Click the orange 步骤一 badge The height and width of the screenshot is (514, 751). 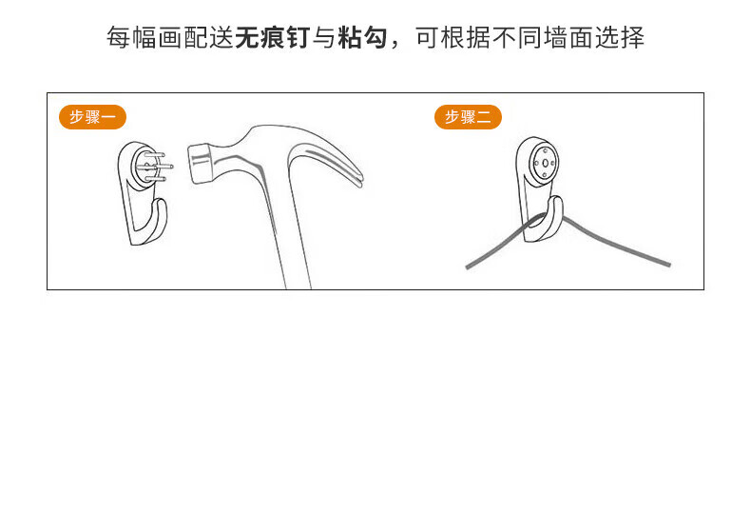92,117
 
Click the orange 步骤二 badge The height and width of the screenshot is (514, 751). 468,117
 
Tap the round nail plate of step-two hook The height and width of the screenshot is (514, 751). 545,163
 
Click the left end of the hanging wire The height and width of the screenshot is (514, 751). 468,267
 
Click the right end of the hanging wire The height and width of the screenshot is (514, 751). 668,265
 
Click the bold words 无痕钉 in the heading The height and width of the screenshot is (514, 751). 273,37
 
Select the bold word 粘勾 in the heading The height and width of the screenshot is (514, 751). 362,37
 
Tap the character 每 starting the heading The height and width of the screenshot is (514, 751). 118,37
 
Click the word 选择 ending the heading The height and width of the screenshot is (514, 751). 620,37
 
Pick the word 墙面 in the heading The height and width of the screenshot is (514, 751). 568,37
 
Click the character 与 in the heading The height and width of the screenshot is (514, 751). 324,37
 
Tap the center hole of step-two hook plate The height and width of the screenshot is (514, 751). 545,164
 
